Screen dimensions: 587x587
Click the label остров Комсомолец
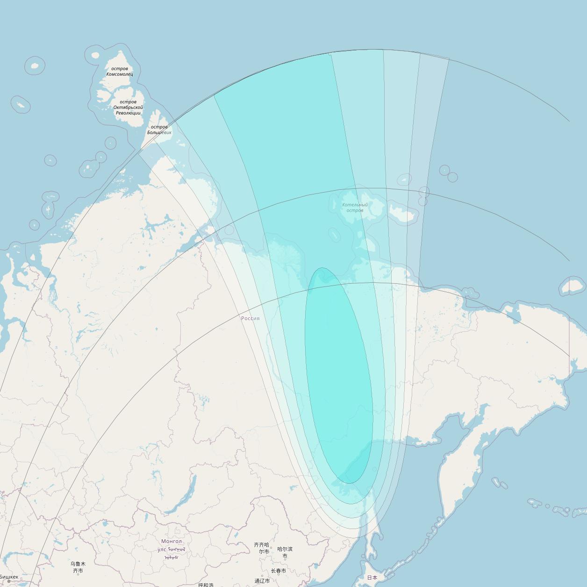tap(120, 72)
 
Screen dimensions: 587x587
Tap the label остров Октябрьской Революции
tap(128, 107)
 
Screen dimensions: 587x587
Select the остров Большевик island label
tap(159, 129)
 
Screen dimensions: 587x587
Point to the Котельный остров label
tap(355, 208)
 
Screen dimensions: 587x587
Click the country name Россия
tap(250, 318)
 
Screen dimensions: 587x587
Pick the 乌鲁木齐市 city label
tap(78, 567)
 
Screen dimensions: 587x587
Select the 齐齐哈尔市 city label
tap(262, 548)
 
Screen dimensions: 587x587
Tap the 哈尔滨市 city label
tap(285, 552)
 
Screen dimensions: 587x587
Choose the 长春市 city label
tap(279, 571)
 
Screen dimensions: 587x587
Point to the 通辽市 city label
tap(262, 581)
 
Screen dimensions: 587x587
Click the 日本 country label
tap(372, 578)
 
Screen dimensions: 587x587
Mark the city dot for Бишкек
tap(8, 581)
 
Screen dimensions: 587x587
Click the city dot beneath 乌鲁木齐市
tap(78, 574)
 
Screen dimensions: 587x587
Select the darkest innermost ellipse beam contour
tap(339, 374)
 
